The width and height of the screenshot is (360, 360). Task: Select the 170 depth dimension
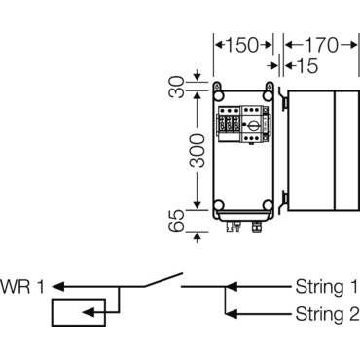point(322,45)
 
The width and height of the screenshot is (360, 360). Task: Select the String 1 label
point(326,287)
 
